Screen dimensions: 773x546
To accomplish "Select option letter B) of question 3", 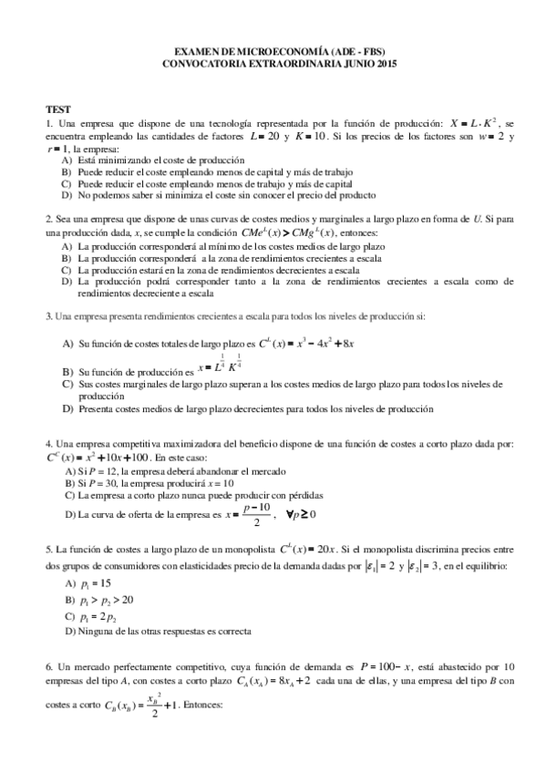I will point(67,373).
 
